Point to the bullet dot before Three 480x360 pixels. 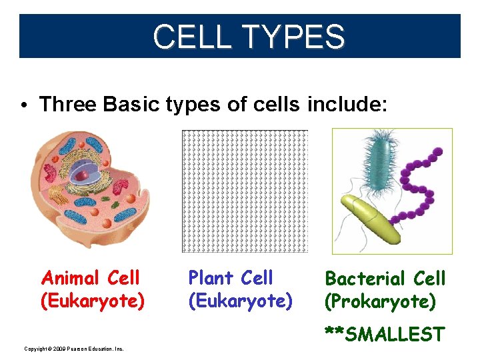tap(23, 105)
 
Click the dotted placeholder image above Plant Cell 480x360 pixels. tap(245, 191)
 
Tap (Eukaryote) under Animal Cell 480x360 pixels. tap(93, 301)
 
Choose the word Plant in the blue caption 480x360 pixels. tap(210, 277)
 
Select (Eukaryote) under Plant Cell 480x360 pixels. tap(240, 301)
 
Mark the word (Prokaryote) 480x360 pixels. tap(380, 302)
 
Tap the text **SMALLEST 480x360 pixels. tap(384, 333)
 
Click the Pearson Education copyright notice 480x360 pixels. tap(74, 349)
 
